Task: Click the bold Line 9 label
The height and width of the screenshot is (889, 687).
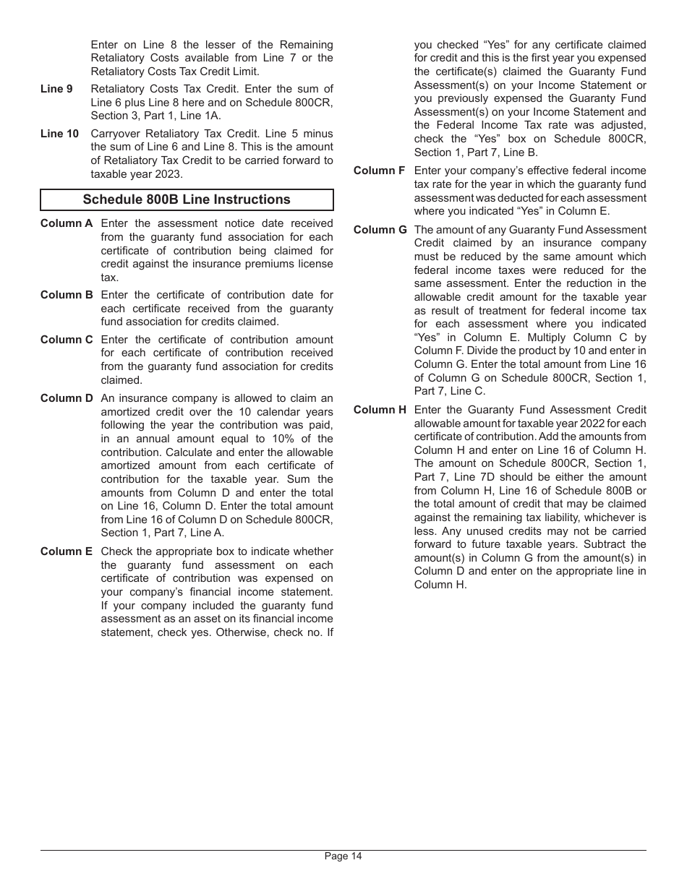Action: [56, 89]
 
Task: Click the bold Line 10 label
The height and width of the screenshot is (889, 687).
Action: [59, 134]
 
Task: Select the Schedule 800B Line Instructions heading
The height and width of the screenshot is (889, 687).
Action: [187, 199]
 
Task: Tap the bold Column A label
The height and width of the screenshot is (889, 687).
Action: [67, 224]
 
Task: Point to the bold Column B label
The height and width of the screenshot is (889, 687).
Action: [67, 295]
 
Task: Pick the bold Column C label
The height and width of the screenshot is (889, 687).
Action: [67, 340]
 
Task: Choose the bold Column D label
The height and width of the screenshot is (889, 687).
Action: [67, 398]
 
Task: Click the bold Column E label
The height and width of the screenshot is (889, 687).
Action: [67, 551]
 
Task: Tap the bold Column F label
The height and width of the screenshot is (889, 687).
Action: [379, 171]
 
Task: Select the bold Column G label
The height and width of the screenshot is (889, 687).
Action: [380, 230]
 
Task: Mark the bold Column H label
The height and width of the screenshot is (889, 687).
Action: [380, 410]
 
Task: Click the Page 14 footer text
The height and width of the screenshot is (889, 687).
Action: [343, 856]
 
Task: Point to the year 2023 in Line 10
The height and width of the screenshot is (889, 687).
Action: [171, 174]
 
